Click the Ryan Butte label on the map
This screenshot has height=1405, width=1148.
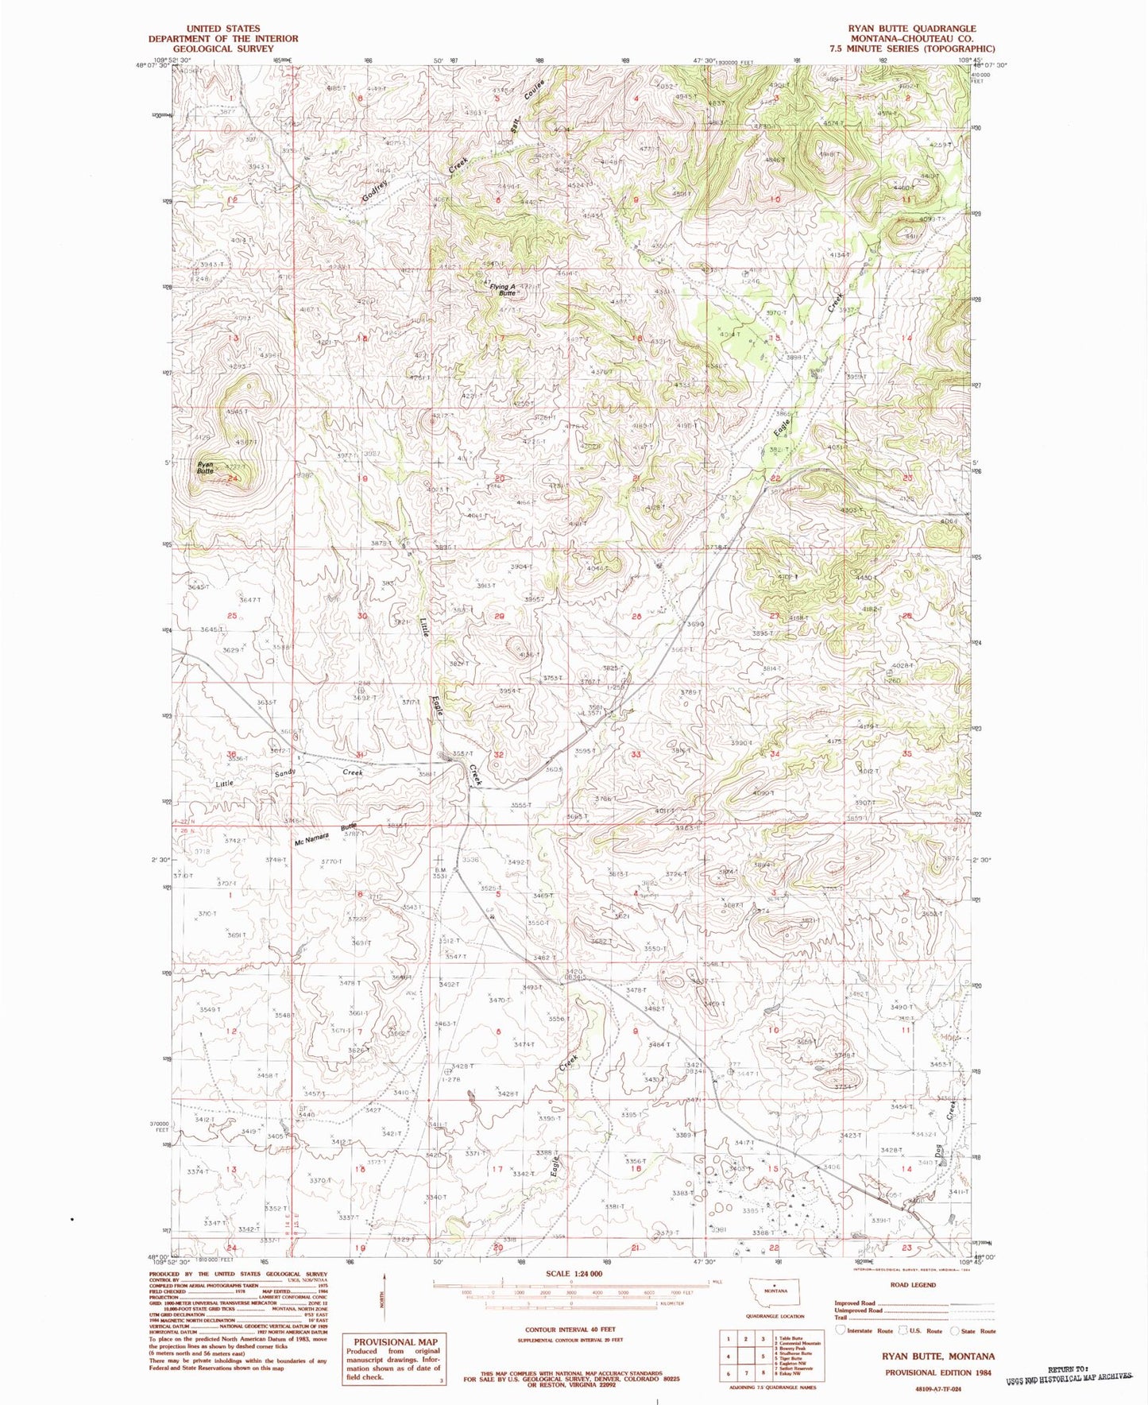(206, 467)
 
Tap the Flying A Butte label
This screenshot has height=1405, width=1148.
(502, 290)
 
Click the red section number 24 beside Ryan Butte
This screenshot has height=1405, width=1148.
(233, 478)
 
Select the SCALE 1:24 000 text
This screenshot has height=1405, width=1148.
(571, 1273)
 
